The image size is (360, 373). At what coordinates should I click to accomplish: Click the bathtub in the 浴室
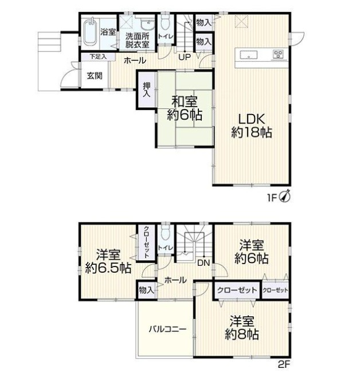click(x=90, y=32)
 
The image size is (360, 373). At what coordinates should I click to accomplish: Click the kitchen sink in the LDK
click(x=249, y=56)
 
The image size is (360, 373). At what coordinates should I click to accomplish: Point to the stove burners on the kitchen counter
click(x=278, y=54)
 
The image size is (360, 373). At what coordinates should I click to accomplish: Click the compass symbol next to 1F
click(x=285, y=197)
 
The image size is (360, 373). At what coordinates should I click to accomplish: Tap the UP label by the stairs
click(x=185, y=57)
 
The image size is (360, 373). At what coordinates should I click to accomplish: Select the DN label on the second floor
click(x=204, y=263)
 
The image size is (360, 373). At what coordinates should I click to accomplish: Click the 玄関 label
click(x=95, y=76)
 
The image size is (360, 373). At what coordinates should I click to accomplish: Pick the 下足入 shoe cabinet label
click(x=98, y=57)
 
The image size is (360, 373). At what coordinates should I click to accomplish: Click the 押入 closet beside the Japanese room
click(x=146, y=90)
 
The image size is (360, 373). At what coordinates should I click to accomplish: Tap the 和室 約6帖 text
click(x=185, y=108)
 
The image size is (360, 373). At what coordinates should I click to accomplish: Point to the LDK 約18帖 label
click(x=252, y=125)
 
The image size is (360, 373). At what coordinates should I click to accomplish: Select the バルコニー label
click(x=167, y=329)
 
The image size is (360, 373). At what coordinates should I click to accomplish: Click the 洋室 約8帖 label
click(x=242, y=328)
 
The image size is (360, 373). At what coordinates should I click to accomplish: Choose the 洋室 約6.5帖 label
click(x=108, y=261)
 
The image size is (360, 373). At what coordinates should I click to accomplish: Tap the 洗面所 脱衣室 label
click(x=137, y=40)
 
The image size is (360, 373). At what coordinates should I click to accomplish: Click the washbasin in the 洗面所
click(x=147, y=24)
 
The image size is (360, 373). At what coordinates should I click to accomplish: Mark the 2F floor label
click(x=284, y=364)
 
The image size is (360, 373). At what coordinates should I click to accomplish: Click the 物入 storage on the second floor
click(x=147, y=290)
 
